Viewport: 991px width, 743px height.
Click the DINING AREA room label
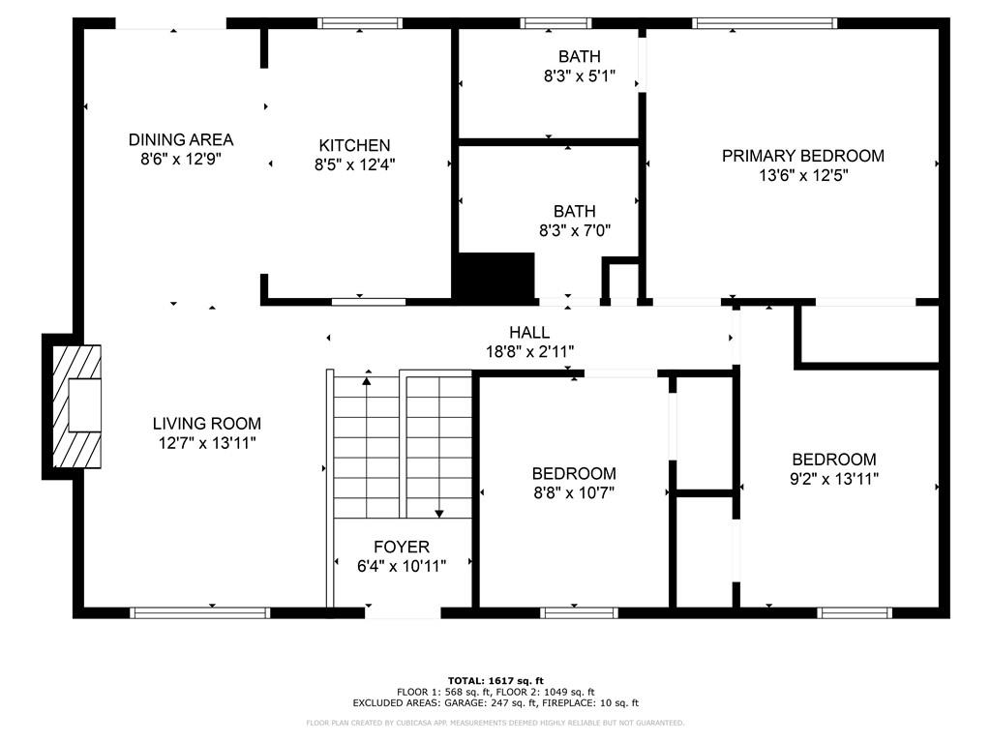(181, 139)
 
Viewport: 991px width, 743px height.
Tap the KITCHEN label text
(354, 145)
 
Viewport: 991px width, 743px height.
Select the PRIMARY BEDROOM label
(802, 156)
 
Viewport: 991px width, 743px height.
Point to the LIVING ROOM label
(207, 424)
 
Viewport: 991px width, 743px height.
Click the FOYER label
(402, 548)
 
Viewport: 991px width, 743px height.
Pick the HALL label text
(529, 333)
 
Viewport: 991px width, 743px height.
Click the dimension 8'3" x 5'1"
(580, 75)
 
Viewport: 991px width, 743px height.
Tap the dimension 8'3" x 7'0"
(575, 230)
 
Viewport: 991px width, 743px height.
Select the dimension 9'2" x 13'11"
(834, 479)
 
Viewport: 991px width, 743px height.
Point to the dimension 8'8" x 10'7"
(574, 492)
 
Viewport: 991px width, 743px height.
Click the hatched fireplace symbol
(75, 406)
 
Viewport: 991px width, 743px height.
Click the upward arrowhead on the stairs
(367, 381)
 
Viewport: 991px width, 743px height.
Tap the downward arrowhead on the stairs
(439, 514)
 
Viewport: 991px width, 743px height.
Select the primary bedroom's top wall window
(765, 23)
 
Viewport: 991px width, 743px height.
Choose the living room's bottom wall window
(200, 612)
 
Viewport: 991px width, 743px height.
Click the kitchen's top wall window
(360, 23)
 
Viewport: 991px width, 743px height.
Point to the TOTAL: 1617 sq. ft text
(495, 680)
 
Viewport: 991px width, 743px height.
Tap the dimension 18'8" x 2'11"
(529, 351)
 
